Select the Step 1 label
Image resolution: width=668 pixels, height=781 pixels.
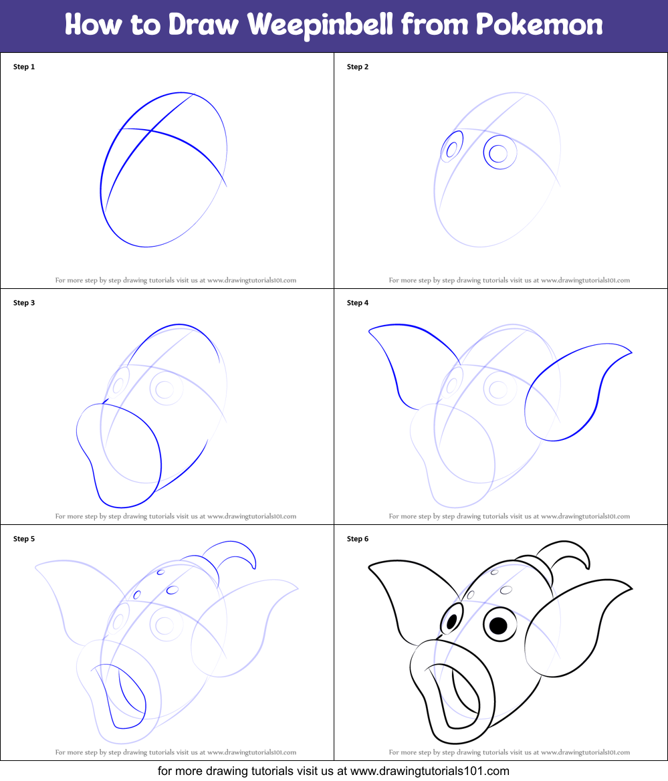coord(24,67)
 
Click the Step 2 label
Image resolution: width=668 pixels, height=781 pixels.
coord(358,67)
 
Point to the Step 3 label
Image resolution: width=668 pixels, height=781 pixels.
coord(24,303)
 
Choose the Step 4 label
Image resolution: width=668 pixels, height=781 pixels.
coord(358,303)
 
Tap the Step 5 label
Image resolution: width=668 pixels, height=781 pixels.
coord(24,539)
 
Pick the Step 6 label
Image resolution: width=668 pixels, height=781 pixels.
coord(358,539)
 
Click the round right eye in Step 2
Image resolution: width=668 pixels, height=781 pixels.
coord(499,153)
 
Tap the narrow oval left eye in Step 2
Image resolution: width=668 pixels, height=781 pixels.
coord(452,148)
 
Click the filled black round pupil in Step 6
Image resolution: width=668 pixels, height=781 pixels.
coord(499,625)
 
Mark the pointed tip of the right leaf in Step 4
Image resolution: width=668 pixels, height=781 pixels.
coord(631,351)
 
